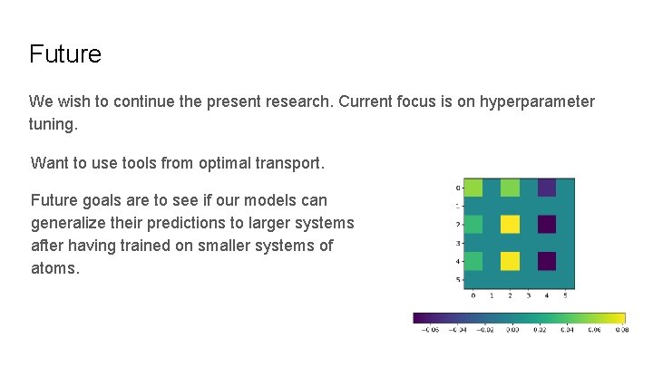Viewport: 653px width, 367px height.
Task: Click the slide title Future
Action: coord(65,54)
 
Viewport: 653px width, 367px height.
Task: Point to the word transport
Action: coord(286,163)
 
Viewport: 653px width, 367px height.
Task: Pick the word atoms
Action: coord(55,268)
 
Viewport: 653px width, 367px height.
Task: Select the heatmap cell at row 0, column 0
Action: coord(473,188)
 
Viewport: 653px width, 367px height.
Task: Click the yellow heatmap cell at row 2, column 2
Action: coord(510,224)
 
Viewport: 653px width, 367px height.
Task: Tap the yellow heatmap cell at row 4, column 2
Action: coord(510,261)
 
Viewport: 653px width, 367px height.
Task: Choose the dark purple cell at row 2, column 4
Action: coord(547,224)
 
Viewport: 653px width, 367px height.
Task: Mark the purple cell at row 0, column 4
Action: coord(547,188)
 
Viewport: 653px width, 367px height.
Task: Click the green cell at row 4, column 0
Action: coord(473,261)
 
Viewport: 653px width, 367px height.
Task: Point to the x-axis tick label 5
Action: coord(566,295)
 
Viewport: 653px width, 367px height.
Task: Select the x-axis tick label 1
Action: coord(491,295)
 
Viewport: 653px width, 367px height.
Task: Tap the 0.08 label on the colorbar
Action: coord(621,331)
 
